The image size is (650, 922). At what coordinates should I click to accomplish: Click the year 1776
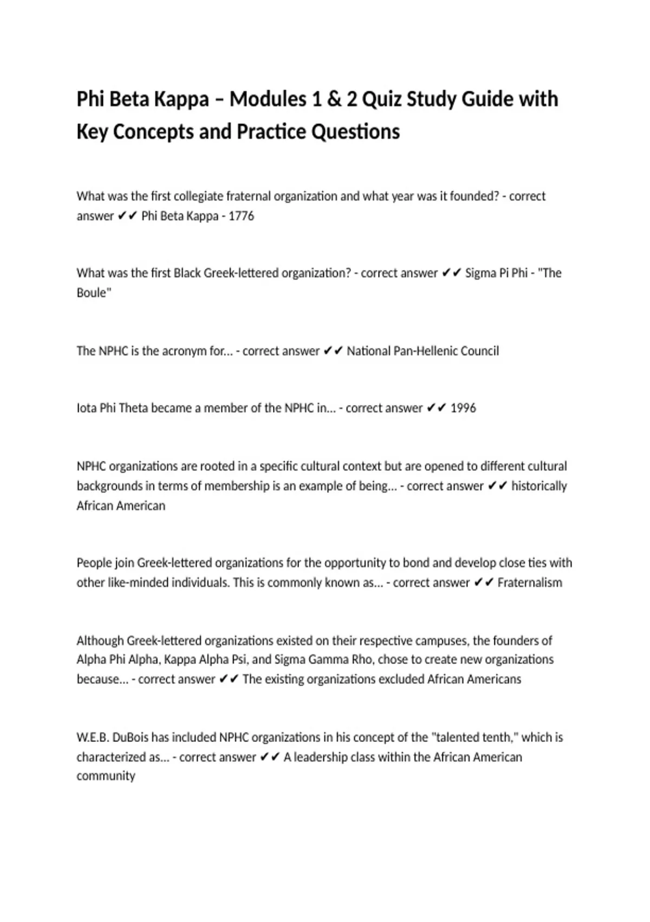(x=241, y=216)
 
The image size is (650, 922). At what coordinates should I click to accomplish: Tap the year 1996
(x=463, y=408)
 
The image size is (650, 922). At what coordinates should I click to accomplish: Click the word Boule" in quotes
(x=94, y=293)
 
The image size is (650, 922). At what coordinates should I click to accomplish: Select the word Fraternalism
(x=530, y=582)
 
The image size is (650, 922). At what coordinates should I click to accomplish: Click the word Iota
(x=86, y=408)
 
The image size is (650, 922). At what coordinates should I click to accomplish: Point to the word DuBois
(x=131, y=737)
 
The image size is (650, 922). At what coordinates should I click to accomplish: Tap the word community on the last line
(x=106, y=776)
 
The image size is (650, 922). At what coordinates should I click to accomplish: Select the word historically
(x=539, y=486)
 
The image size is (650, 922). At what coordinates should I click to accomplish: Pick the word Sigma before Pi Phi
(x=480, y=273)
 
